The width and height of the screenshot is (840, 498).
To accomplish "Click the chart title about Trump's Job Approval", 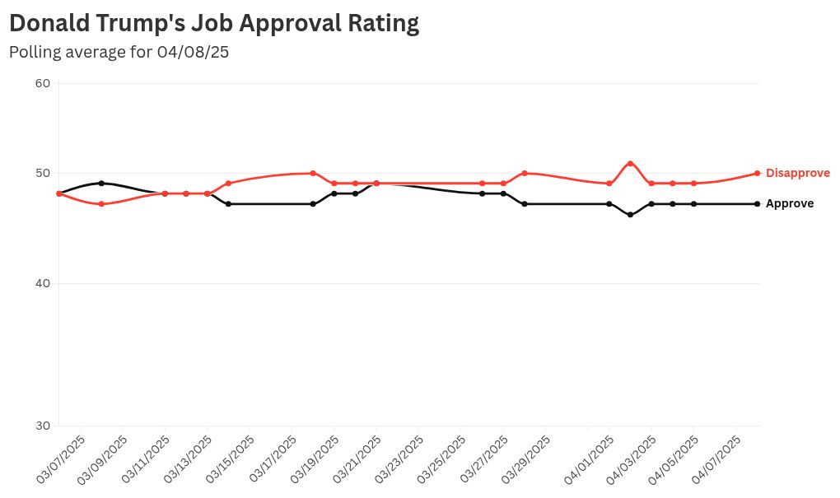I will click(x=214, y=23).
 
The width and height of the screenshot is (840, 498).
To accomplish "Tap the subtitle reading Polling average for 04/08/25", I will click(x=119, y=52).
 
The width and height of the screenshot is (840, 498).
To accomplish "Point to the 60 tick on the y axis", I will click(x=43, y=83).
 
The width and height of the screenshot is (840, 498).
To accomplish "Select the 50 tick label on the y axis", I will click(x=43, y=174).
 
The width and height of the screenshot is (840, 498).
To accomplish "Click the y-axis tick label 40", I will click(x=43, y=284).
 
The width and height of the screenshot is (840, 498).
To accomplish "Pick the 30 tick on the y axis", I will click(x=43, y=426).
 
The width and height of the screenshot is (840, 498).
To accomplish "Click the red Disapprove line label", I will click(x=797, y=174).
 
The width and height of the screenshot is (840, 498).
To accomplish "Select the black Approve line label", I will click(x=789, y=204).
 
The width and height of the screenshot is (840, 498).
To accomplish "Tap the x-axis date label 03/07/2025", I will click(x=61, y=459).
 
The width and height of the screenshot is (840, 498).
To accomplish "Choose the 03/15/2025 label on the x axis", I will click(x=231, y=459).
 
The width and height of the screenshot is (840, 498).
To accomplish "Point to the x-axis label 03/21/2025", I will click(x=357, y=459).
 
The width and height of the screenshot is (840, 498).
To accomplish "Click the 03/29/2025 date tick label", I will click(x=527, y=459).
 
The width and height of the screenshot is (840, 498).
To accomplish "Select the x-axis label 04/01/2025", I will click(x=590, y=459).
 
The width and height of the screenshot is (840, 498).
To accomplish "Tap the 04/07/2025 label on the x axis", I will click(x=717, y=459).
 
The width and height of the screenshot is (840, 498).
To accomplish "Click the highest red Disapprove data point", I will click(x=630, y=163).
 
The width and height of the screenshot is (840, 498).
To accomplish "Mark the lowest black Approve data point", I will click(x=630, y=215).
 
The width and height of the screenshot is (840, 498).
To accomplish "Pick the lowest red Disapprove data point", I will click(x=101, y=203).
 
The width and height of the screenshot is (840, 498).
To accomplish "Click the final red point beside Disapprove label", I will click(x=757, y=173).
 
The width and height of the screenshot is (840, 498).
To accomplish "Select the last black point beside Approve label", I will click(x=757, y=203).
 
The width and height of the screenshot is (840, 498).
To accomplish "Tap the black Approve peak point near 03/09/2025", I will click(x=101, y=183).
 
